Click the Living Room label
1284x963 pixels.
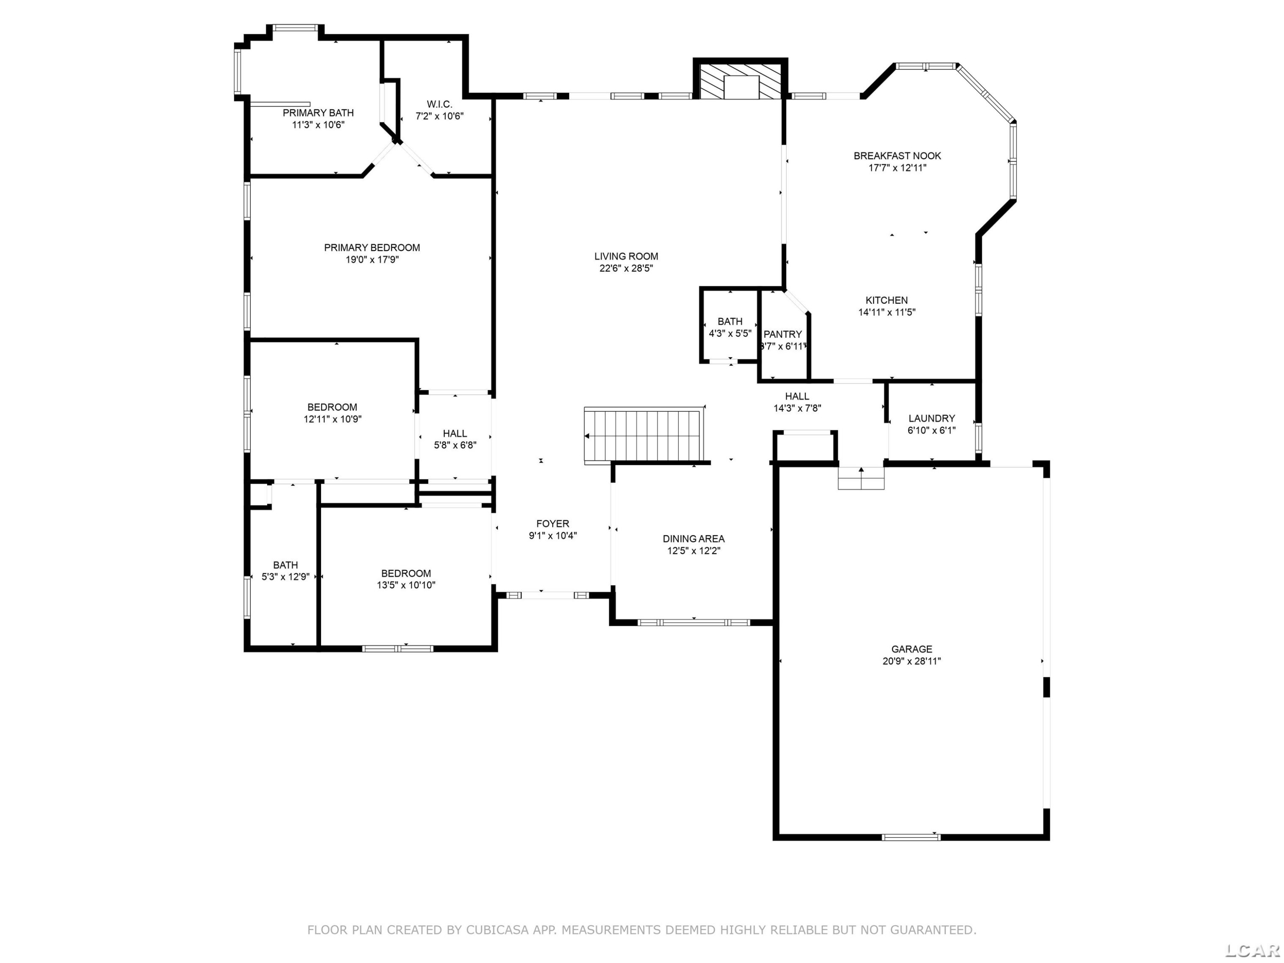[x=626, y=256]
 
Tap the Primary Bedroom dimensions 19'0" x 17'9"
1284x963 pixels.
[x=372, y=259]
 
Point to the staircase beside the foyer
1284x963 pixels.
[x=644, y=435]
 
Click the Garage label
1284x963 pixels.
[x=912, y=649]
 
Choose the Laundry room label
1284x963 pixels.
[x=932, y=418]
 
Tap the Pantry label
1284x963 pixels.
[x=782, y=334]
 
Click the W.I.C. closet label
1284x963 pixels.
[x=440, y=104]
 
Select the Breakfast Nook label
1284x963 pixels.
[x=898, y=155]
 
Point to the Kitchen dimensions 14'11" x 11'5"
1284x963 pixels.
[x=887, y=312]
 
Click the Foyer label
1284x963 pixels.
[x=553, y=523]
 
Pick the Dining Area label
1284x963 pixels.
[x=694, y=539]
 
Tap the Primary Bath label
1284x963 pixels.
[x=318, y=113]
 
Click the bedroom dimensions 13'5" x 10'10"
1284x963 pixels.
[x=406, y=585]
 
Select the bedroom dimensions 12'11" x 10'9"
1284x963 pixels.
[x=333, y=419]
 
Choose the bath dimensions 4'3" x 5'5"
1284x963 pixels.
[x=730, y=333]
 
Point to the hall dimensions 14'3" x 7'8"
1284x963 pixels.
[x=797, y=408]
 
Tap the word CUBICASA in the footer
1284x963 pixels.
[x=497, y=930]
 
